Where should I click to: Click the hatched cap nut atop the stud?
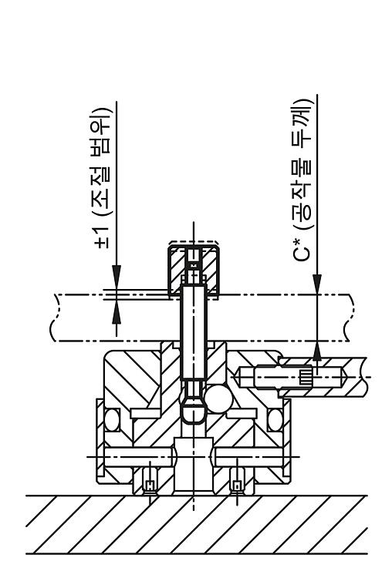click(x=194, y=271)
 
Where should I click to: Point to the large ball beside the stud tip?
click(x=218, y=399)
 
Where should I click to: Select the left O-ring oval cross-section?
click(x=111, y=419)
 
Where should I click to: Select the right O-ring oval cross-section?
click(x=275, y=419)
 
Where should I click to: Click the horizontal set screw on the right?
click(x=292, y=377)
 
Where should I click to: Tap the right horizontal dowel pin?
click(x=248, y=457)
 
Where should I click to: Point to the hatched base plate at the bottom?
click(x=197, y=524)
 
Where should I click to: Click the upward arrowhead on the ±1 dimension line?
click(x=117, y=312)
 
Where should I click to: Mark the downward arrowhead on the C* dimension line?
click(x=317, y=284)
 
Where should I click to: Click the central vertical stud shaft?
click(x=194, y=331)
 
